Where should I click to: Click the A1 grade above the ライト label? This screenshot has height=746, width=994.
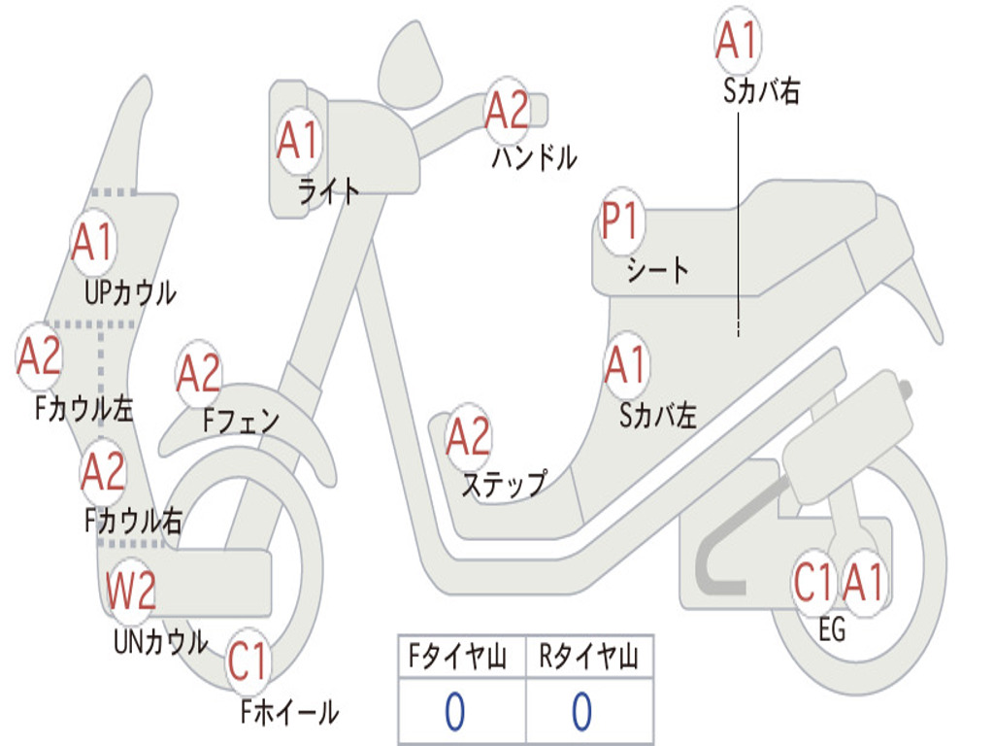click(297, 141)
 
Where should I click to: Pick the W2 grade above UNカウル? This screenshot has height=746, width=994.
click(131, 591)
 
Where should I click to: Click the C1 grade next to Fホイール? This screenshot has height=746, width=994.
click(248, 662)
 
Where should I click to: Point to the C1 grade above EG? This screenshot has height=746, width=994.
click(813, 583)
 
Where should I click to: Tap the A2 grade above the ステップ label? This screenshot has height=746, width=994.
click(468, 438)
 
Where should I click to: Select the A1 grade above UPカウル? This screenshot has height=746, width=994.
click(92, 243)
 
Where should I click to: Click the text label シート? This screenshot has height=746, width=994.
click(657, 269)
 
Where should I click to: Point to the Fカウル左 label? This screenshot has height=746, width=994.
click(83, 409)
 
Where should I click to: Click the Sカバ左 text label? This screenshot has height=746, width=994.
click(658, 416)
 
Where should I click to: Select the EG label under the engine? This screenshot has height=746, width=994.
click(832, 630)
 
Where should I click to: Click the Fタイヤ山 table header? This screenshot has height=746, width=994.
click(457, 659)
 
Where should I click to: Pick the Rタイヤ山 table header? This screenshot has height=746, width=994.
click(588, 659)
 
